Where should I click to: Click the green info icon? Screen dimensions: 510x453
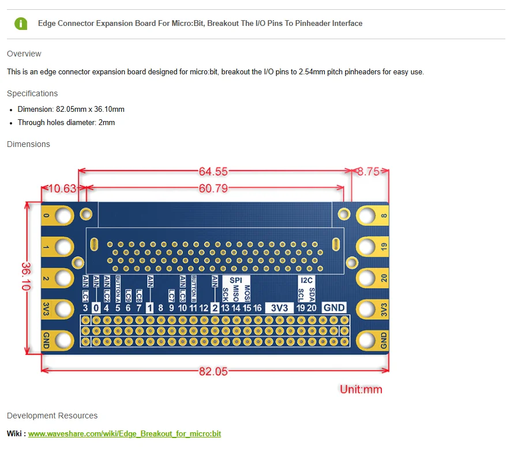pos(21,24)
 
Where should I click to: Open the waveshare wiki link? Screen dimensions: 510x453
pos(125,433)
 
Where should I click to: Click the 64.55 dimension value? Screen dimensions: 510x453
pos(213,171)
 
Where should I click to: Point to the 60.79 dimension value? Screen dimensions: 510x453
pos(213,188)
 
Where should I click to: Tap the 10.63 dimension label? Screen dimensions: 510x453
pos(62,188)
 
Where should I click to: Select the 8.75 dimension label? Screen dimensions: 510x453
pos(369,171)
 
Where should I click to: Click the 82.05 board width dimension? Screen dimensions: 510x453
pos(213,371)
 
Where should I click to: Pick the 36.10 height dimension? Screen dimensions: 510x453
pos(27,276)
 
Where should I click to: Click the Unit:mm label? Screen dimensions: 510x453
pos(361,389)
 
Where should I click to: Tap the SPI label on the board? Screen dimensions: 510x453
pos(236,280)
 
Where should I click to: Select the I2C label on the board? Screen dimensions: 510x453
pos(306,280)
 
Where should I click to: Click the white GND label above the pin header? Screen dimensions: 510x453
pos(334,307)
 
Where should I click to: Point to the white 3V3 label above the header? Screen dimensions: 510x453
pos(279,308)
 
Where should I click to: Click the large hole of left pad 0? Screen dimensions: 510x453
pos(63,216)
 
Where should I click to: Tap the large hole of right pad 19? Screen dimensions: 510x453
pos(367,247)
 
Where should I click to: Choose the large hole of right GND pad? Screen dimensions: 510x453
pos(367,340)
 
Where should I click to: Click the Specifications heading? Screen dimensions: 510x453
pos(32,93)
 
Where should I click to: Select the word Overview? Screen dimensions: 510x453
pos(24,54)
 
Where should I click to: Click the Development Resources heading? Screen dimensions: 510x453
pos(52,416)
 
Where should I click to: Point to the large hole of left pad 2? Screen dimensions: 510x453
pos(63,278)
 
